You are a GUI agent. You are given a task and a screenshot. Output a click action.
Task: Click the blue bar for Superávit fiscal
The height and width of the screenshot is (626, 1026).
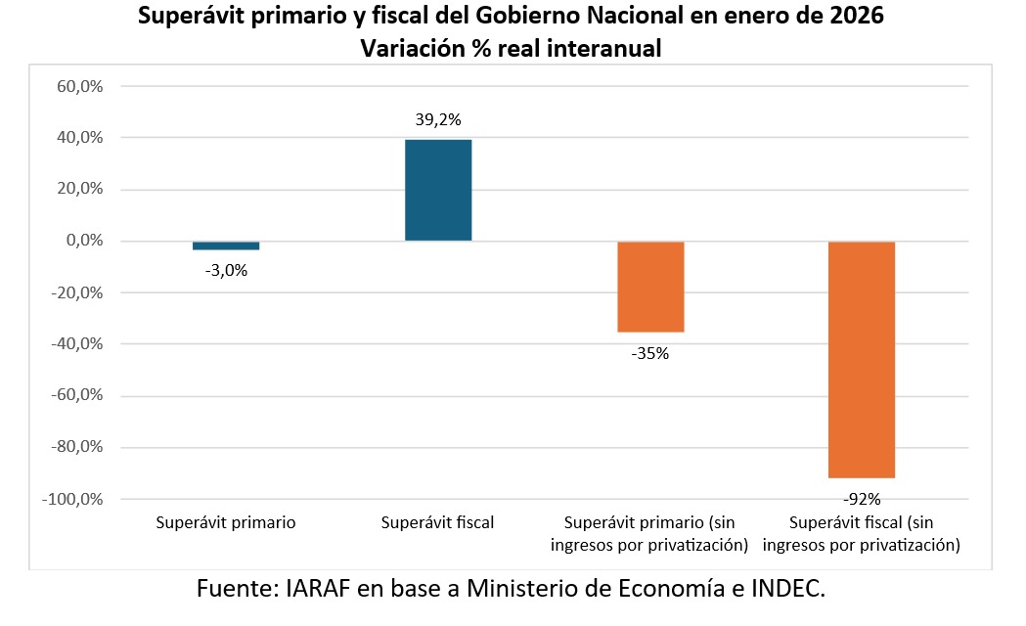pos(438,190)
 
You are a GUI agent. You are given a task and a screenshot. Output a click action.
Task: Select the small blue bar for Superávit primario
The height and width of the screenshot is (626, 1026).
pos(226,246)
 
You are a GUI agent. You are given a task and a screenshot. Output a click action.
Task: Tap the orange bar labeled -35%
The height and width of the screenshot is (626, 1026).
pos(650,287)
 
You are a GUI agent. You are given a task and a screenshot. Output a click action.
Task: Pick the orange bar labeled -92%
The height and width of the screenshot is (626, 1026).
pos(862,359)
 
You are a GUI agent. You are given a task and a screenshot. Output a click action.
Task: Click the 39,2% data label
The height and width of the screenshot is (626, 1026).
pos(438,120)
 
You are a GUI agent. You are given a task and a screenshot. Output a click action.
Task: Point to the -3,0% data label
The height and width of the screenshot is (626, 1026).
pos(226,270)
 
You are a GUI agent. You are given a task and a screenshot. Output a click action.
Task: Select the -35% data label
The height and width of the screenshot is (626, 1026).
pos(649,353)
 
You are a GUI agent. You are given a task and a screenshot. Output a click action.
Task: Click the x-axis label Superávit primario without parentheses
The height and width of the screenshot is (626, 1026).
pos(226,522)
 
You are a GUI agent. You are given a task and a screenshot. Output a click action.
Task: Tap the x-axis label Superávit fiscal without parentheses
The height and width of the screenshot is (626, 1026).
pos(438,522)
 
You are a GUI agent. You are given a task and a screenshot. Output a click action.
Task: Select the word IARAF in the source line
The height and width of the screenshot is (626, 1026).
pos(323,589)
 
